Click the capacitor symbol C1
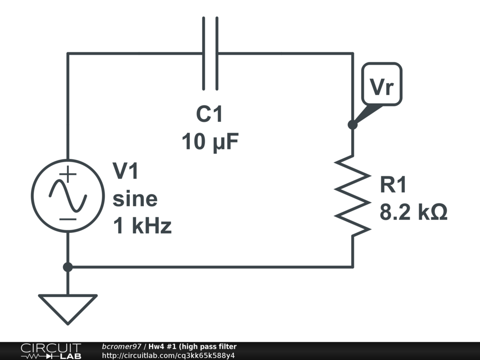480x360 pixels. coord(210,53)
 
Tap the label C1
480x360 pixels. coord(210,114)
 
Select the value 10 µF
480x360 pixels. coord(210,141)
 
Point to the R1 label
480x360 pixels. coord(393,185)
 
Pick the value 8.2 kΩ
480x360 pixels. coord(413,213)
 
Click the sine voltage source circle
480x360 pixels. coord(67,195)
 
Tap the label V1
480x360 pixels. coord(126,171)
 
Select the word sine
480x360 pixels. coord(135,199)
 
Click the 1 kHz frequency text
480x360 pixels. coord(142,227)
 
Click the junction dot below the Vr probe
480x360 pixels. coord(352,125)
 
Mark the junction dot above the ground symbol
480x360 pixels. coord(67,267)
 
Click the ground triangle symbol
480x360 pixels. coord(67,307)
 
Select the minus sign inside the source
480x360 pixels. coord(68,218)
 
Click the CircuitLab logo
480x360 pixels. coord(51,351)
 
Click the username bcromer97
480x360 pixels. coord(121,346)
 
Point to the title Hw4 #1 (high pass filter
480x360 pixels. coord(193,346)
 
